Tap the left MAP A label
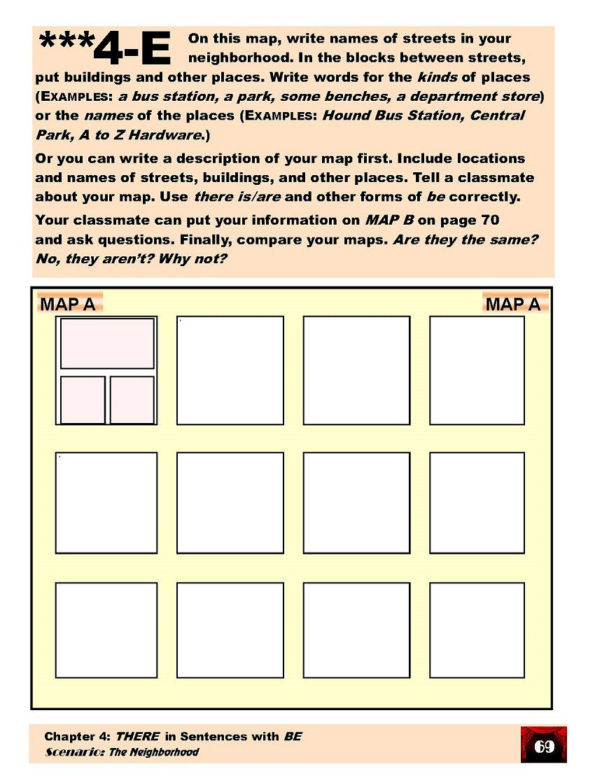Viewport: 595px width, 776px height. click(69, 304)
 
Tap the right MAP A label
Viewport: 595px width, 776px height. click(513, 304)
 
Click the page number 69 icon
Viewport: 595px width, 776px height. click(544, 746)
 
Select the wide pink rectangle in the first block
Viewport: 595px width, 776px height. click(107, 343)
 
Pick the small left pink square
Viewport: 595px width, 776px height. click(83, 400)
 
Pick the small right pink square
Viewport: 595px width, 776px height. click(132, 400)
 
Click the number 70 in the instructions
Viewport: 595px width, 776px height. click(489, 220)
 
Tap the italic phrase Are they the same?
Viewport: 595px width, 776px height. click(465, 240)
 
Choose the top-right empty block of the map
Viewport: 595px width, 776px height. click(477, 370)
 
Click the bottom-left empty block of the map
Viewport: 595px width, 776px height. click(106, 630)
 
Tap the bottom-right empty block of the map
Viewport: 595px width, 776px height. click(477, 630)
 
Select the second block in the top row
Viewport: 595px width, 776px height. click(230, 370)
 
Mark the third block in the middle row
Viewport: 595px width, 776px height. click(356, 502)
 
